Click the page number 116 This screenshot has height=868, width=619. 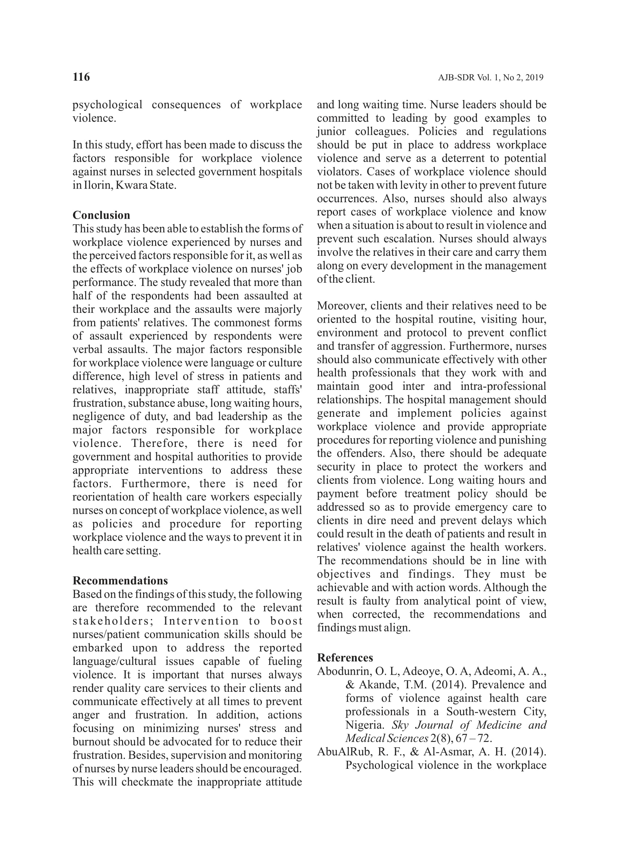coord(81,77)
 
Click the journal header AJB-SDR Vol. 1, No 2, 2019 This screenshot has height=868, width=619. coord(490,78)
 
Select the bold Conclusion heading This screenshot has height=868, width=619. coord(101,215)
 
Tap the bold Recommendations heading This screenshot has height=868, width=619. coord(120,581)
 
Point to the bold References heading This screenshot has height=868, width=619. coord(345,658)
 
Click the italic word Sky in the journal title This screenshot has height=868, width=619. coord(400,725)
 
